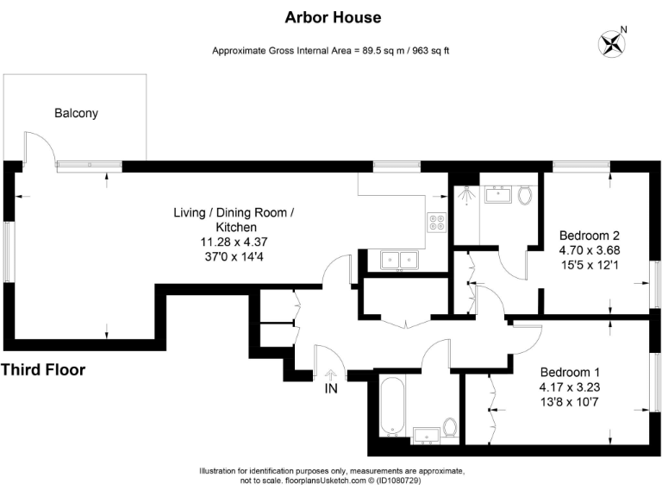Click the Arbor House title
coord(332,17)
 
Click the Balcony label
coord(76,113)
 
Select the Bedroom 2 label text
coord(589,235)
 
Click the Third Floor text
coord(43,370)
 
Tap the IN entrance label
coord(331,389)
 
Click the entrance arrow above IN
coord(331,373)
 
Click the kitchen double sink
coord(399,258)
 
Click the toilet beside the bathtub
coord(449,426)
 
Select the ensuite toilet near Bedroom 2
coord(526,195)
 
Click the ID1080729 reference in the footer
coord(418,480)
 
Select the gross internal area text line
coord(331,51)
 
